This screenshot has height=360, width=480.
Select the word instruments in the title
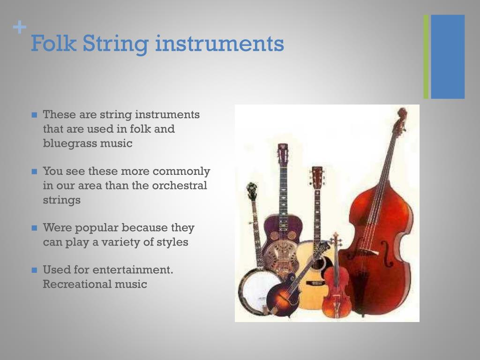click(x=219, y=44)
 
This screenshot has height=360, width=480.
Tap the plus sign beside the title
click(x=19, y=28)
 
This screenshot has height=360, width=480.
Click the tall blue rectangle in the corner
click(x=448, y=57)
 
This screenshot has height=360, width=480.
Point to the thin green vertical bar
click(x=426, y=57)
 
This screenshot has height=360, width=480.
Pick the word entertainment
click(x=133, y=270)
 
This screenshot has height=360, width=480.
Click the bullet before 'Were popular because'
click(x=34, y=228)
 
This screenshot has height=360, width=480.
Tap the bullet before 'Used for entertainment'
click(x=34, y=270)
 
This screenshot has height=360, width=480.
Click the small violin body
click(x=336, y=291)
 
